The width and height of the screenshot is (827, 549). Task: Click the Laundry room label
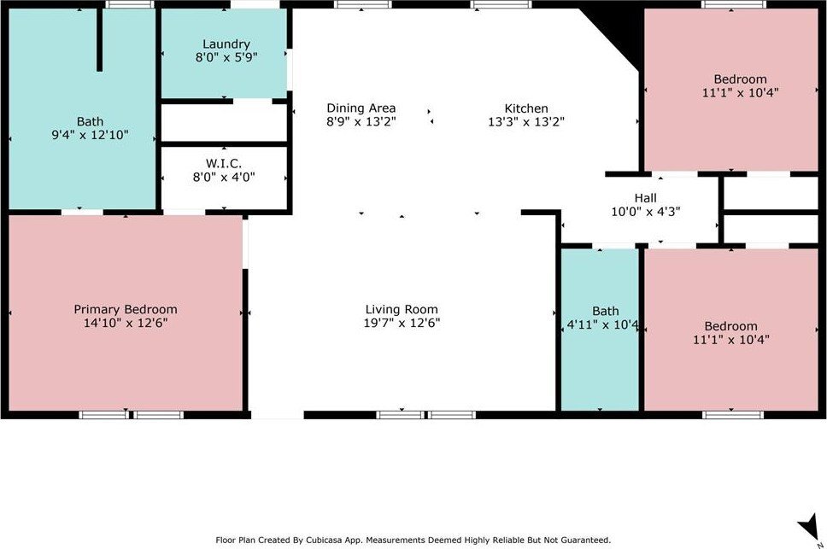pyautogui.click(x=226, y=44)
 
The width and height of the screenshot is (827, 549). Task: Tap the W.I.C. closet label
pyautogui.click(x=224, y=163)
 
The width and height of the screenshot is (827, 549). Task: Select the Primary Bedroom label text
pyautogui.click(x=126, y=309)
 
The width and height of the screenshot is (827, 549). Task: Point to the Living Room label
pyautogui.click(x=402, y=309)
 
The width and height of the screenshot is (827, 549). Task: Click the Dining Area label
pyautogui.click(x=361, y=108)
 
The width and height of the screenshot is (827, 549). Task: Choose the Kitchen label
pyautogui.click(x=526, y=108)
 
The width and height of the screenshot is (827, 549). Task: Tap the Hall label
pyautogui.click(x=646, y=198)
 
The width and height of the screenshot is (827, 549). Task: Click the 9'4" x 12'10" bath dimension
pyautogui.click(x=90, y=135)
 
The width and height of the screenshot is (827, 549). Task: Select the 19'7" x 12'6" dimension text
pyautogui.click(x=402, y=323)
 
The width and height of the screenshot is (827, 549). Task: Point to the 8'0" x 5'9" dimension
pyautogui.click(x=226, y=57)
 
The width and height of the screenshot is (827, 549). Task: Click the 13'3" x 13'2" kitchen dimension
pyautogui.click(x=526, y=122)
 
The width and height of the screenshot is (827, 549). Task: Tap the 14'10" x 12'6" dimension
pyautogui.click(x=126, y=323)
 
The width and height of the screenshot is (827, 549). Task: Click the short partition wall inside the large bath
pyautogui.click(x=99, y=39)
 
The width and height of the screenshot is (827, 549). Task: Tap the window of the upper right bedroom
pyautogui.click(x=733, y=4)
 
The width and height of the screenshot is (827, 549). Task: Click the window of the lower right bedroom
pyautogui.click(x=733, y=415)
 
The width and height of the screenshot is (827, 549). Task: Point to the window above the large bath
pyautogui.click(x=130, y=4)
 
